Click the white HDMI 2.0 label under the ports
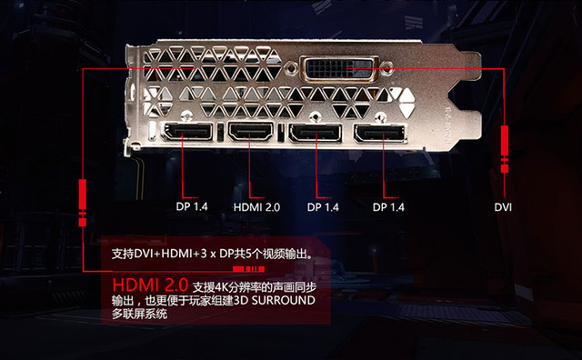pyautogui.click(x=256, y=207)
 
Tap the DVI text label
pyautogui.click(x=503, y=206)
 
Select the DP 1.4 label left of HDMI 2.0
pyautogui.click(x=192, y=207)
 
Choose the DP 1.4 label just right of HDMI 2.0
pyautogui.click(x=323, y=207)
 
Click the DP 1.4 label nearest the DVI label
pyautogui.click(x=388, y=207)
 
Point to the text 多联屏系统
pyautogui.click(x=139, y=315)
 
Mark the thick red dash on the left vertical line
pyautogui.click(x=82, y=195)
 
